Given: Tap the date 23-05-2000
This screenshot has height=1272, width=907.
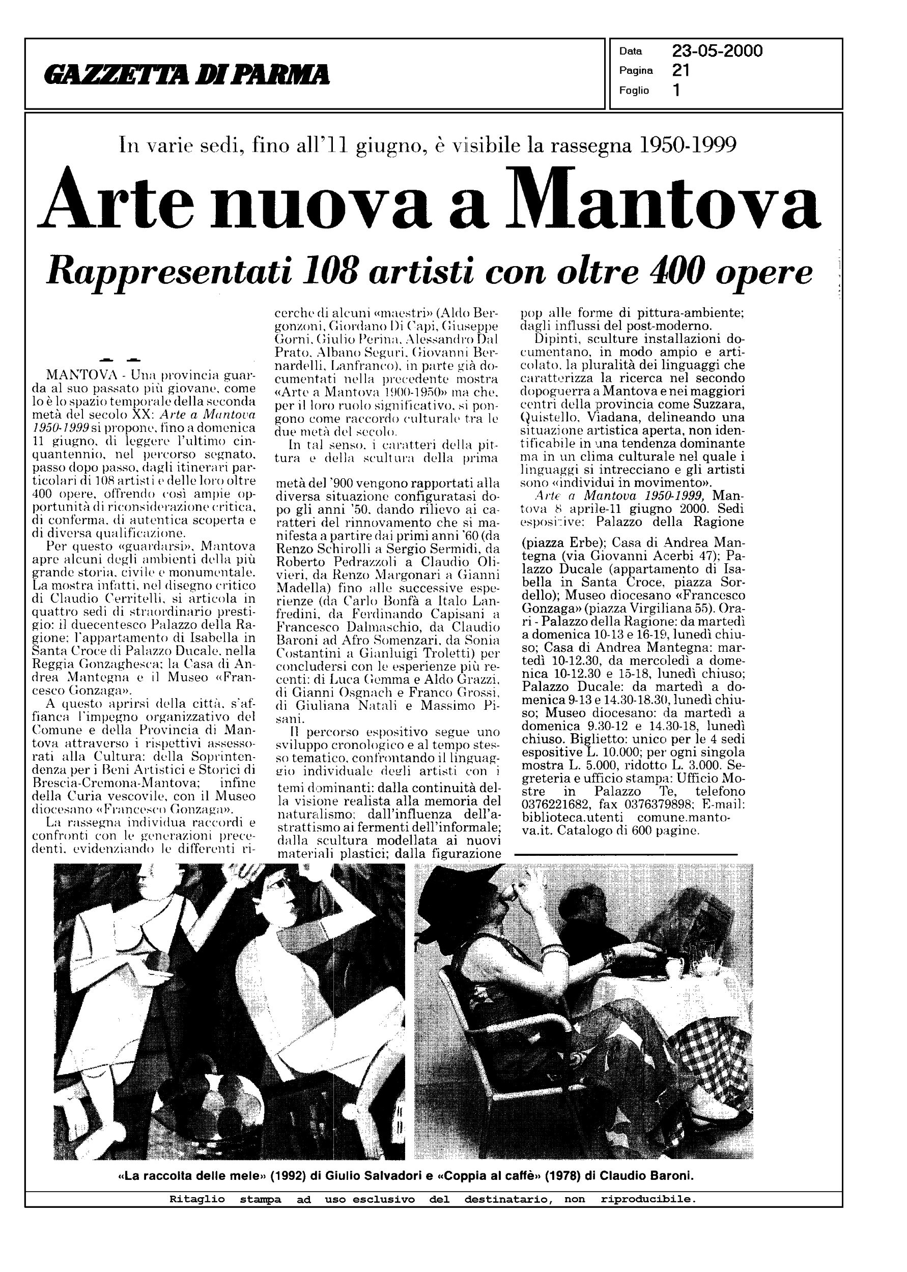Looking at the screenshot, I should pos(717,51).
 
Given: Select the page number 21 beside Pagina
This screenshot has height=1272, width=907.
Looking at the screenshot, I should pos(681,70).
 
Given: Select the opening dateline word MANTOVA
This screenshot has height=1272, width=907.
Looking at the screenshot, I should pos(76,373).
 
